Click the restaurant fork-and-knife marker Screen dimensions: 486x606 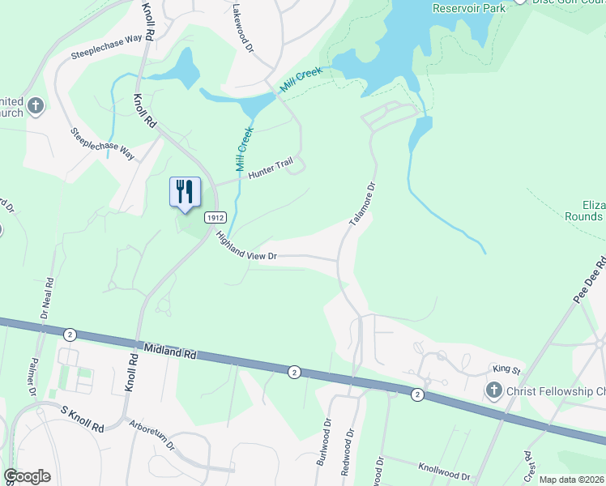185,192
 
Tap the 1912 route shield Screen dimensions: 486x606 215,217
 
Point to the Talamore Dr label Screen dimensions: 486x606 362,201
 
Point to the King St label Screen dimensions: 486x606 506,369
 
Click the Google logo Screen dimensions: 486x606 27,476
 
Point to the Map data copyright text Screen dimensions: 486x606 570,480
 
